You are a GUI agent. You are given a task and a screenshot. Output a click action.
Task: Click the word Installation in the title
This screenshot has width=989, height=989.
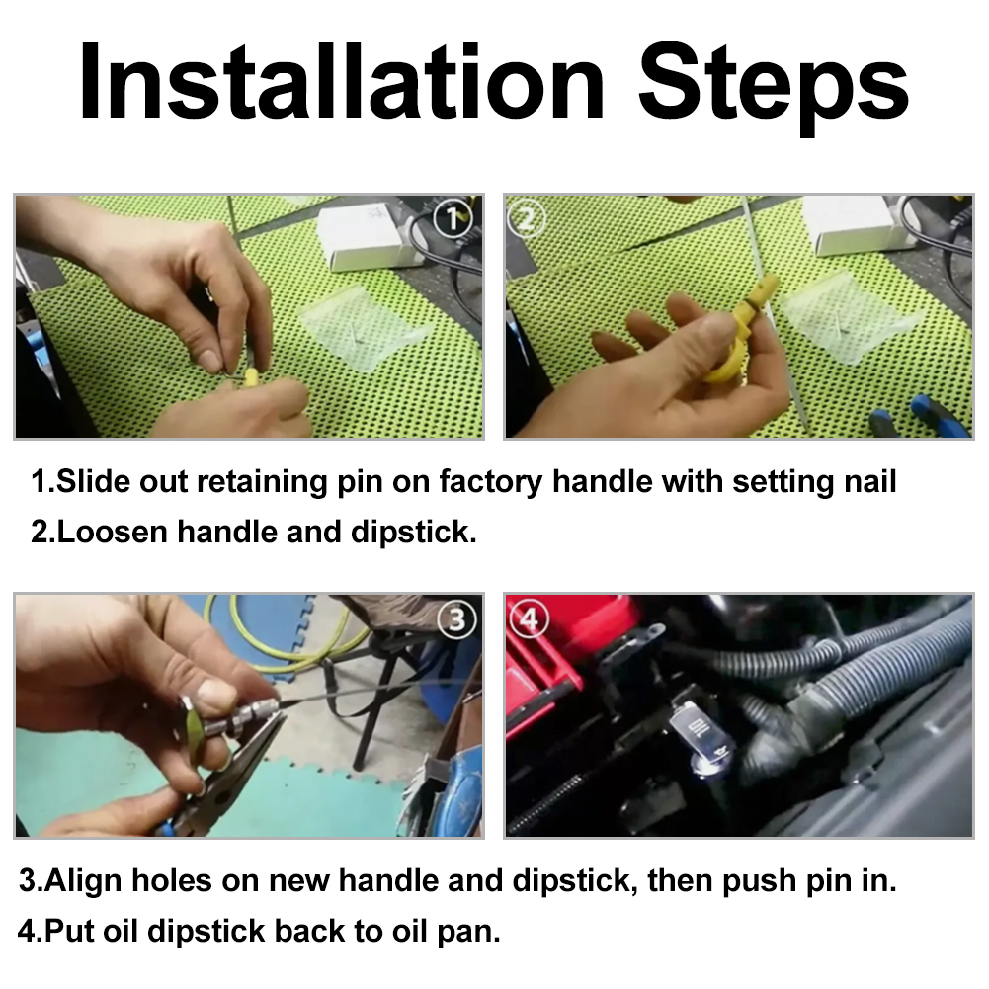[341, 82]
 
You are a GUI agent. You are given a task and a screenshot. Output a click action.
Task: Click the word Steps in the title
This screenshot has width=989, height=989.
[774, 88]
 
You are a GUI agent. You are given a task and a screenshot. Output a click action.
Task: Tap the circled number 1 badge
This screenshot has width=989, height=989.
[453, 219]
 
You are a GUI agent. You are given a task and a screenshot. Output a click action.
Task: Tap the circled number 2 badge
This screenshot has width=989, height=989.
[526, 220]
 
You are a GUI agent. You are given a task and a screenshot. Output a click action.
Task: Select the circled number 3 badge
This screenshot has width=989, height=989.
[456, 619]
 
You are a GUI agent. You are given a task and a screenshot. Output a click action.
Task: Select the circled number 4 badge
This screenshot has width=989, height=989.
[529, 618]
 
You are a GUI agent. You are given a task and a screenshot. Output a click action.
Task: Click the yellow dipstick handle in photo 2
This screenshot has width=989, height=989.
[739, 334]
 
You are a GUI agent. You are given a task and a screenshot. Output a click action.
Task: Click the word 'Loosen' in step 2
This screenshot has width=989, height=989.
[113, 532]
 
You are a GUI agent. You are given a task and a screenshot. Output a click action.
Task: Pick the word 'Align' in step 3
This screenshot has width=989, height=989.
[83, 881]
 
